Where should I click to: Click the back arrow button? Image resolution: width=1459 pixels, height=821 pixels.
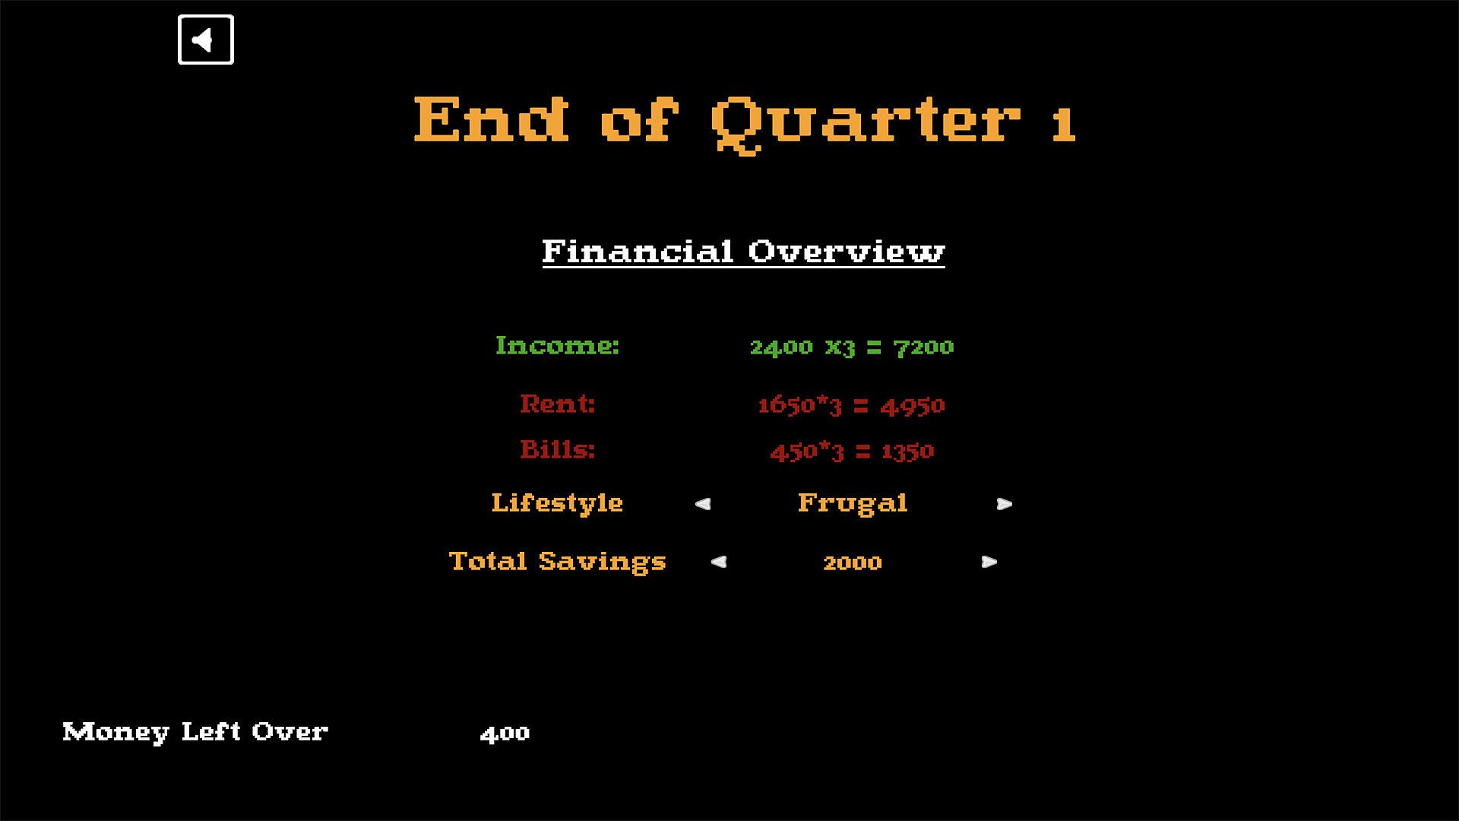pos(205,40)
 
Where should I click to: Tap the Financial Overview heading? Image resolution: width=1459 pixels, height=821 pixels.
pos(743,251)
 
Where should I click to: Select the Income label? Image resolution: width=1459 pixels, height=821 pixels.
pos(557,345)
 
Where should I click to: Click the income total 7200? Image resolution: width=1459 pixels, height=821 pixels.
pos(923,347)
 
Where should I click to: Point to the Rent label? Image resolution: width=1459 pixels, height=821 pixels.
pos(557,403)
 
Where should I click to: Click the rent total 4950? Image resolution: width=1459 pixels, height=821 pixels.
pos(913,406)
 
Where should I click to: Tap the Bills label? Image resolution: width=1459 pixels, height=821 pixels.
pos(557,449)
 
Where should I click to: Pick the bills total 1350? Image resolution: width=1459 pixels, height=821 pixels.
pos(907,452)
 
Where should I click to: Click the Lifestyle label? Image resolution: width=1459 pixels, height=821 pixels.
pos(557,502)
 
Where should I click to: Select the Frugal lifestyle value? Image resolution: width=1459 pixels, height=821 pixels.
pos(853,503)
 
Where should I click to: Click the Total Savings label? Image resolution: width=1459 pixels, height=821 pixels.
pos(557,561)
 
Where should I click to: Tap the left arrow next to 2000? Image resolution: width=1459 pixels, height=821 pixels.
pos(719,562)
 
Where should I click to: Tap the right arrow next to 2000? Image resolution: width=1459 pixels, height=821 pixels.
pos(989,562)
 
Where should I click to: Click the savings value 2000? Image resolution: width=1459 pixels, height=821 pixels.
pos(853,563)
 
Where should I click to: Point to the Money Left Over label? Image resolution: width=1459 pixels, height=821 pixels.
pos(195,731)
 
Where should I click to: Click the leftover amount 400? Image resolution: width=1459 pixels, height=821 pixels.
pos(505,734)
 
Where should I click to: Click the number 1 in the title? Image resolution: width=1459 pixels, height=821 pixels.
pos(1064,123)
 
